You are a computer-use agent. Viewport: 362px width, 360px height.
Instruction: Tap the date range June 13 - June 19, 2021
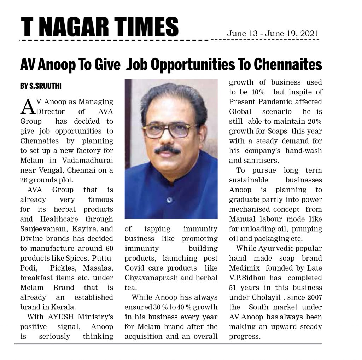tap(273, 34)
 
